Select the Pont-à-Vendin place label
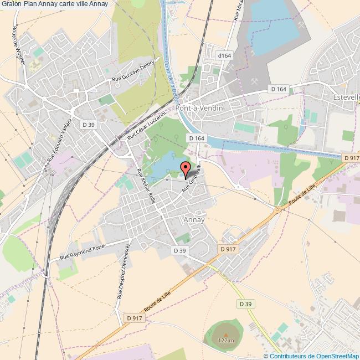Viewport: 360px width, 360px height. pos(199,108)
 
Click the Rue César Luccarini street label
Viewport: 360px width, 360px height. pos(147,131)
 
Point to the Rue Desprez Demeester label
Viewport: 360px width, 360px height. pos(124,271)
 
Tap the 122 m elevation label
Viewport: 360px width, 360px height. pos(226,340)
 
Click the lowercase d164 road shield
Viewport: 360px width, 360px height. pos(224,56)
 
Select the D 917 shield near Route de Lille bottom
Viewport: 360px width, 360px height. pos(134,318)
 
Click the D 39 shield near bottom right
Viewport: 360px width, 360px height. pos(245,304)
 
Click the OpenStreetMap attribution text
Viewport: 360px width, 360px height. pos(312,356)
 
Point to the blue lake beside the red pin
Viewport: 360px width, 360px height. pos(165,167)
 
